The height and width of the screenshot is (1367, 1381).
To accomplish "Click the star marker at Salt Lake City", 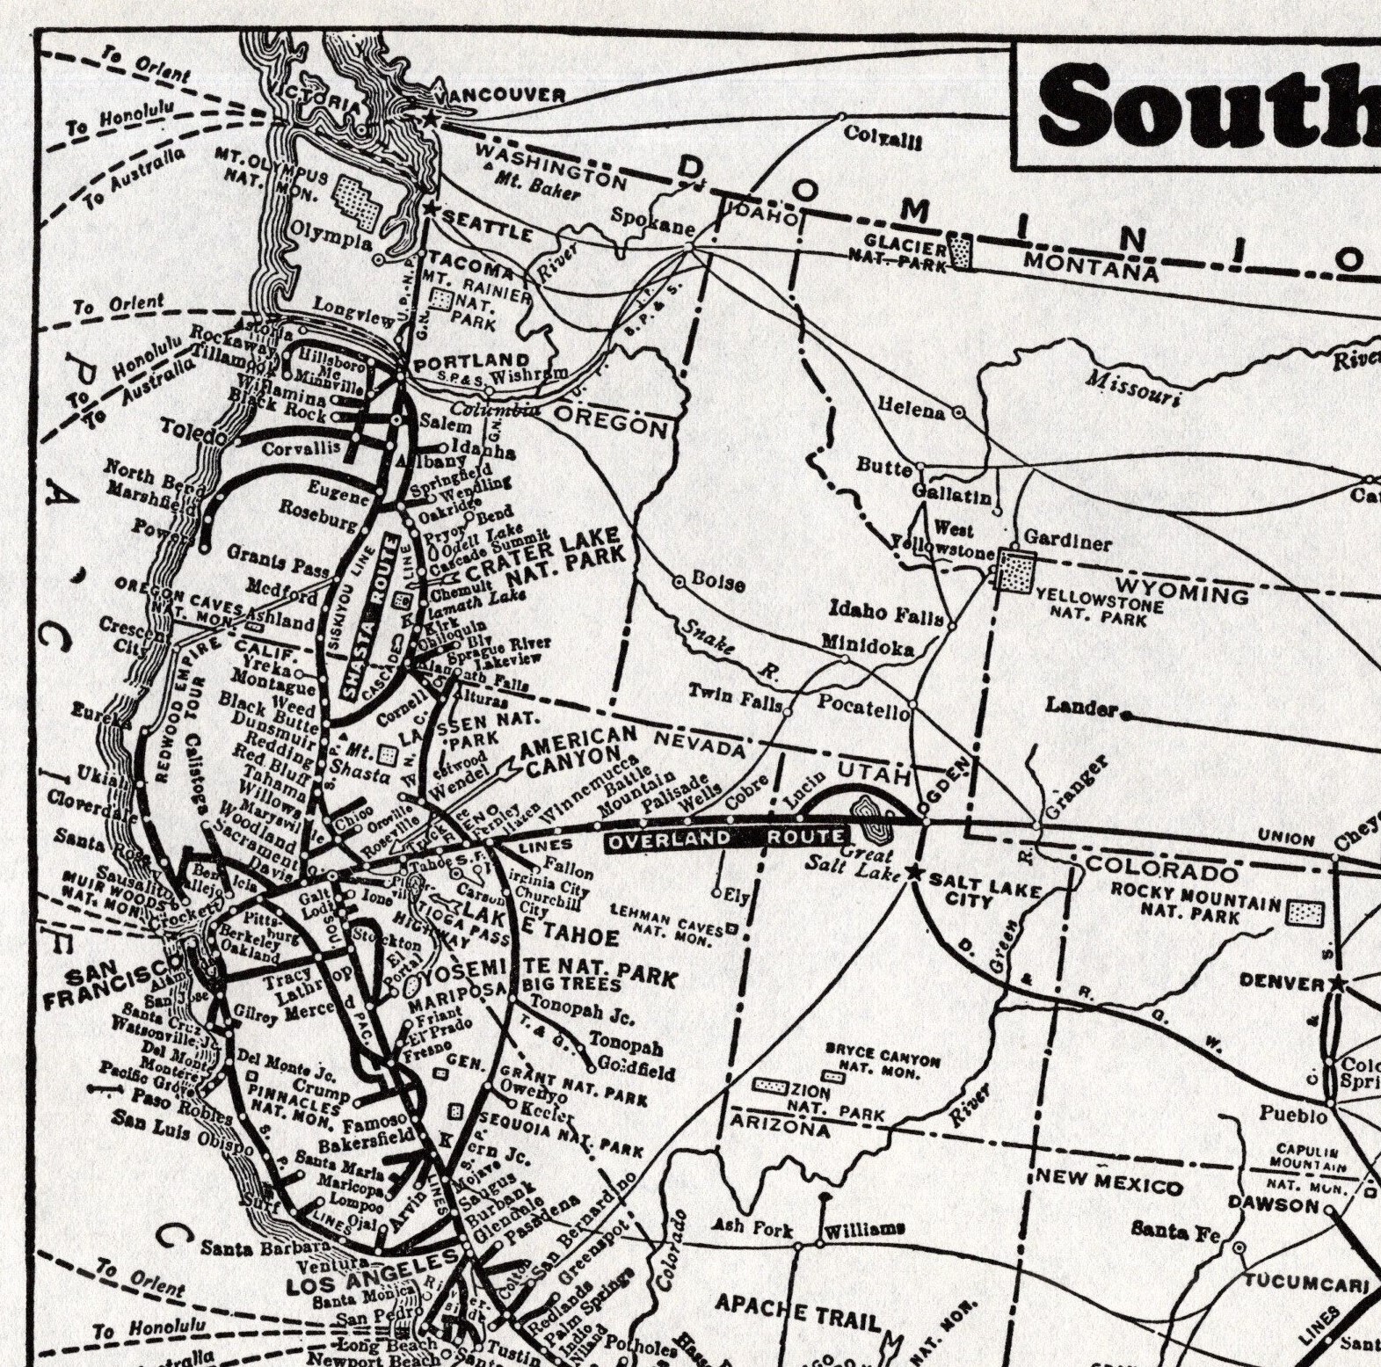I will tap(914, 873).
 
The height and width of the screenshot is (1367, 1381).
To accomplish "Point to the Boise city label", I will tap(717, 582).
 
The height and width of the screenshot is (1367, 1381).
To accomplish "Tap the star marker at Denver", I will tap(1338, 981).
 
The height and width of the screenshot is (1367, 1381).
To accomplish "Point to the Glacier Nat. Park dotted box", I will tap(963, 252).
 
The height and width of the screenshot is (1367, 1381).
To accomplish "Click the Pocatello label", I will tap(863, 705).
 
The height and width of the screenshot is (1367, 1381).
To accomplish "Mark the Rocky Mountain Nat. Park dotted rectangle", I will tap(1305, 913).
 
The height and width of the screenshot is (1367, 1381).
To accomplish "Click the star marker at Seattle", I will tap(429, 209).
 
